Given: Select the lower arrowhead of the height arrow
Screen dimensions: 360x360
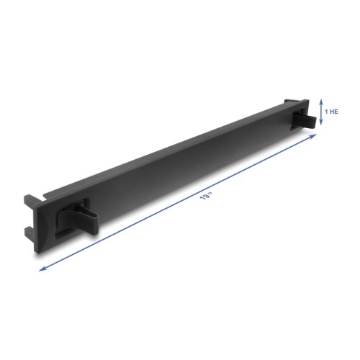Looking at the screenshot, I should click(x=320, y=125).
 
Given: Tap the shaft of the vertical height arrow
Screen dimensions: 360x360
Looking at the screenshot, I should click(x=320, y=112).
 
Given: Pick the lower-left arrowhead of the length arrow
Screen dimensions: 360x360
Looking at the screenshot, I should click(x=40, y=269).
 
